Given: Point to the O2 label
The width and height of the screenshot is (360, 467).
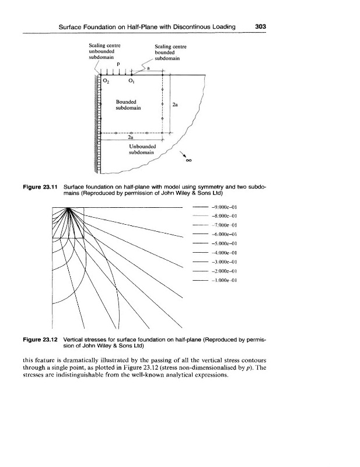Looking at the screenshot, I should point(106,81).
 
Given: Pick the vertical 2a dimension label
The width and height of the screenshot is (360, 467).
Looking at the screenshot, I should point(175,106).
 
